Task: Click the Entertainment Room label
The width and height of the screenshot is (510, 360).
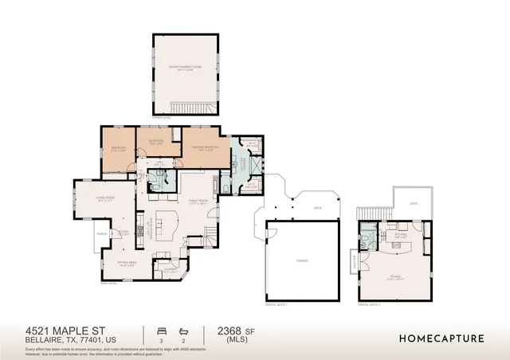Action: coord(185,69)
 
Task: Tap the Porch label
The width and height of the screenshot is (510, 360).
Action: coord(102,233)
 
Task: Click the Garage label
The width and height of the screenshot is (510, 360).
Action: coord(302,260)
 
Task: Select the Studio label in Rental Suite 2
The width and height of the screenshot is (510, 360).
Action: coord(395,278)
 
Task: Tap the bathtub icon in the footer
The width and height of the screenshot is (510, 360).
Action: coord(184,329)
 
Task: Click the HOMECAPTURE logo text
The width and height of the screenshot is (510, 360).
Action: coord(441,338)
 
